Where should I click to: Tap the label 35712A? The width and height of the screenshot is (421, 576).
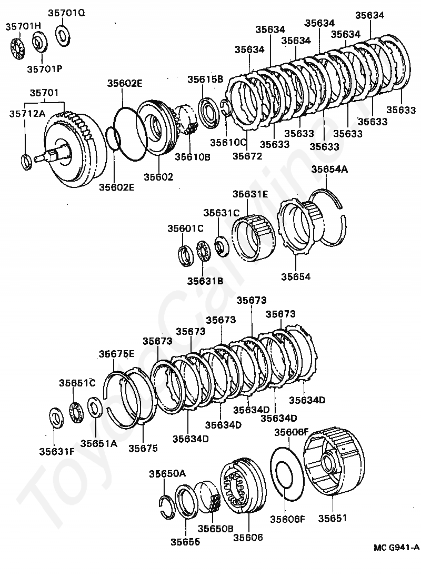26,113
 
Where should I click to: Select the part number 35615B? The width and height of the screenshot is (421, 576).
206,80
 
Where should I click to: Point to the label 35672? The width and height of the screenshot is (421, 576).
247,156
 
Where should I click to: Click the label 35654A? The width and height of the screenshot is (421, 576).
329,170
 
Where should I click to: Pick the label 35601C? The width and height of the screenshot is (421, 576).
185,229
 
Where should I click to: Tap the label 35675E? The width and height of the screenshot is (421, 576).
117,354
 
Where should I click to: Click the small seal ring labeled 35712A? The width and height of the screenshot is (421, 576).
25,161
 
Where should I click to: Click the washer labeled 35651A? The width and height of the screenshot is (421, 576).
95,407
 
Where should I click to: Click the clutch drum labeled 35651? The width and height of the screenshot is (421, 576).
335,463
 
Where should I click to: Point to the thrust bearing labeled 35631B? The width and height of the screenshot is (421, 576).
203,251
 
